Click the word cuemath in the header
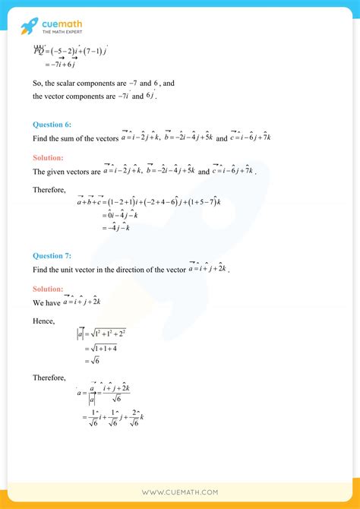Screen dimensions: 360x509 pyautogui.click(x=63, y=24)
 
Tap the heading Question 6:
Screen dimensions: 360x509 pyautogui.click(x=52, y=124)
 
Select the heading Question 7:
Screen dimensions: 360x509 pyautogui.click(x=52, y=257)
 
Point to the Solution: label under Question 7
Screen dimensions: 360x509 pyautogui.click(x=49, y=289)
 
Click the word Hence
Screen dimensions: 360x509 pyautogui.click(x=43, y=321)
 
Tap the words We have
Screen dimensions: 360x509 pyautogui.click(x=46, y=302)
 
